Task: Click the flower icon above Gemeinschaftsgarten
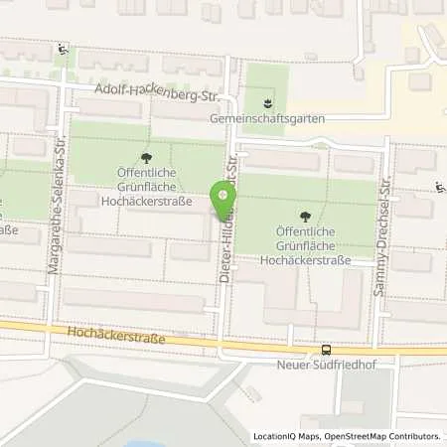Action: pos(265,101)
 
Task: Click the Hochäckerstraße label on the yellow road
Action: pos(116,339)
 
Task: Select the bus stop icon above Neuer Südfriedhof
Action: pos(327,350)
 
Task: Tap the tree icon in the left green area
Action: pos(147,157)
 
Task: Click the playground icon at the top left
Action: pos(63,50)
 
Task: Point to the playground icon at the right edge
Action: pos(438,186)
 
